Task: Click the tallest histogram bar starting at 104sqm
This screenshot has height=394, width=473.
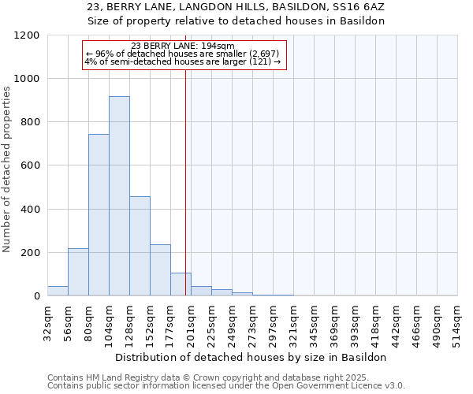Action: click(x=119, y=196)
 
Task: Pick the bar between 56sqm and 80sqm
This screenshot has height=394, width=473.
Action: click(x=78, y=272)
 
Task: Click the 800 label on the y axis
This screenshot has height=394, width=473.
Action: click(x=30, y=122)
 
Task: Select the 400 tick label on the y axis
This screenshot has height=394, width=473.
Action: click(x=30, y=210)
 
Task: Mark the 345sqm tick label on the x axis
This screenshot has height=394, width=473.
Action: click(x=315, y=322)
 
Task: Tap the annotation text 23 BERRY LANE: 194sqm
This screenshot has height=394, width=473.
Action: click(x=183, y=46)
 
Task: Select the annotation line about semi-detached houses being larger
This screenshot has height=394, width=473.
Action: click(x=183, y=61)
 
